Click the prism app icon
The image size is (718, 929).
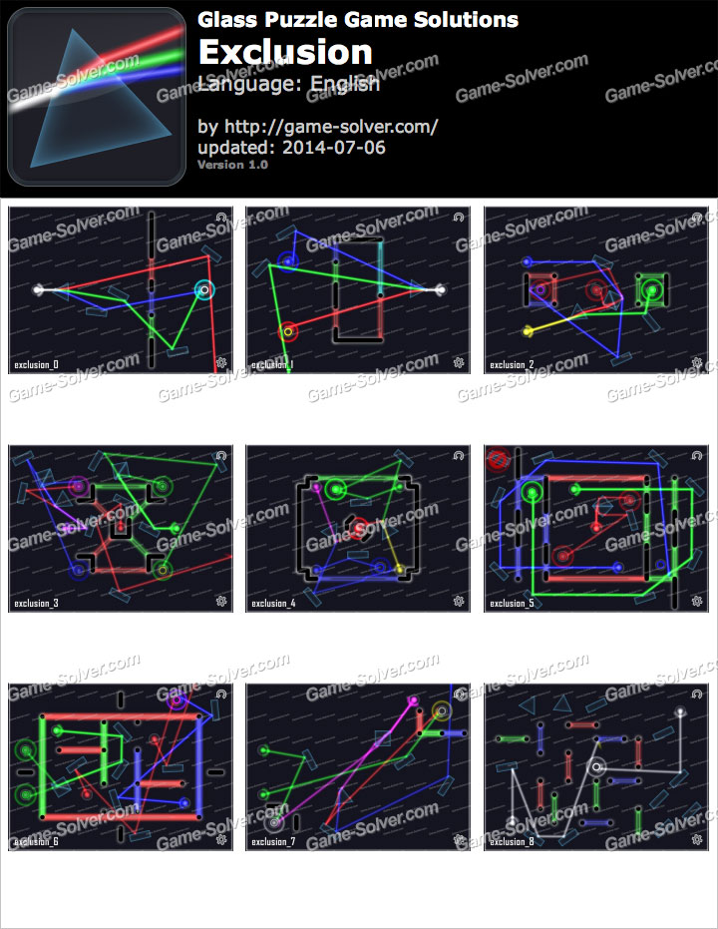(96, 97)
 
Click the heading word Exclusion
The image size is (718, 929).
(285, 52)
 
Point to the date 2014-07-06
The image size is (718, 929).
(333, 148)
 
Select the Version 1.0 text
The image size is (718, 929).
(233, 165)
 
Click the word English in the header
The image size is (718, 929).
(344, 84)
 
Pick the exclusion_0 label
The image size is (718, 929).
(36, 365)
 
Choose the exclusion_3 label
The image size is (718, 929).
(36, 603)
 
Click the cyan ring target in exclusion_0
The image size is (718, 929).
(204, 290)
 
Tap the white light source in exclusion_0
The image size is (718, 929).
(38, 290)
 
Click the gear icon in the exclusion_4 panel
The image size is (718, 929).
(459, 601)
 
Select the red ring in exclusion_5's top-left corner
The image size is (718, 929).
(497, 460)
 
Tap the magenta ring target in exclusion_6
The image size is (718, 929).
(178, 700)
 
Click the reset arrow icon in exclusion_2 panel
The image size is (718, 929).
(696, 216)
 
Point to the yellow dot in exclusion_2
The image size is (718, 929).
(529, 330)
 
